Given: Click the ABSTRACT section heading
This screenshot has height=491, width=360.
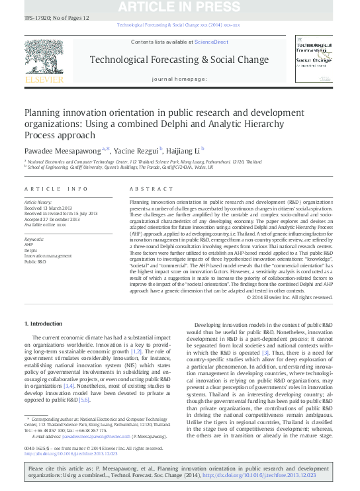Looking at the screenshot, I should point(146,189).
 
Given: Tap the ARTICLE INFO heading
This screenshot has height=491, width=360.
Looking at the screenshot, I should point(56,189).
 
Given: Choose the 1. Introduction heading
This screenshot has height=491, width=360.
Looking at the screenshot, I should point(47,324).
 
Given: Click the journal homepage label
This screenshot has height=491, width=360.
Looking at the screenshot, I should point(179,78).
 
